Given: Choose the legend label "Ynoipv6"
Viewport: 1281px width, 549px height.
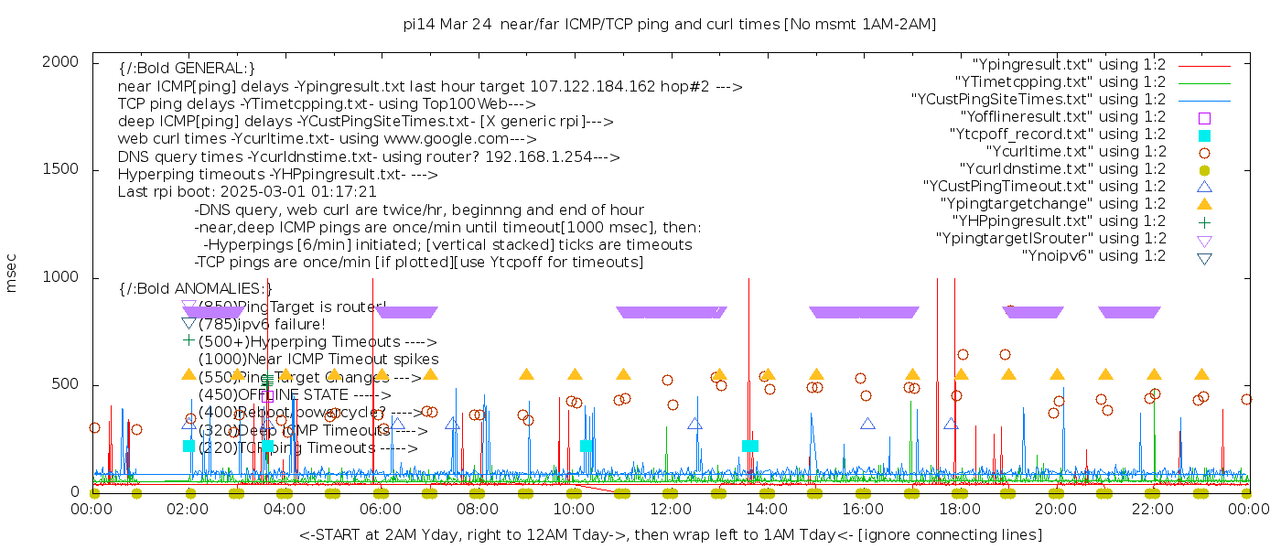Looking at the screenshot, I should (x=1093, y=256).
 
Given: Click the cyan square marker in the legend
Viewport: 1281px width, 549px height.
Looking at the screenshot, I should (x=1204, y=135).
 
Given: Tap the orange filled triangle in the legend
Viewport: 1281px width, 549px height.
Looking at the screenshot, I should (x=1204, y=204).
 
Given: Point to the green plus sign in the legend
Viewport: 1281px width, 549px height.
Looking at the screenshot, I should (x=1204, y=221).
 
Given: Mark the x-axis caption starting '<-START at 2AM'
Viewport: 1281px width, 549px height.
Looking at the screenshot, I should (x=670, y=534).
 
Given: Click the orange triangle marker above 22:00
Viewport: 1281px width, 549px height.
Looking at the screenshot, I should (x=1154, y=374).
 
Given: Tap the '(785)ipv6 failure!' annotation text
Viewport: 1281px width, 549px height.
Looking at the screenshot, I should (x=262, y=324).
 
